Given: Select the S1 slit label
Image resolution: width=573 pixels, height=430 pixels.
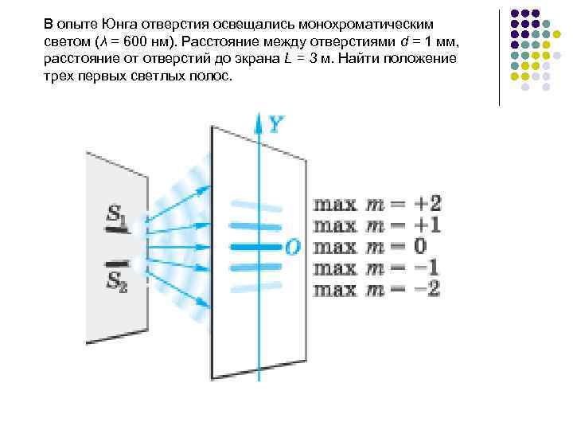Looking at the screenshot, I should (x=115, y=213).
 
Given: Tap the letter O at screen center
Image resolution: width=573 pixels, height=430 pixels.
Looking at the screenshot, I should (x=293, y=248).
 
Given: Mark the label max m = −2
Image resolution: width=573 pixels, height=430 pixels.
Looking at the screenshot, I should (x=377, y=288).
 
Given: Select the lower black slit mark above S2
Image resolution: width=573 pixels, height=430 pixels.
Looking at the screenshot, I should (x=118, y=262).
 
